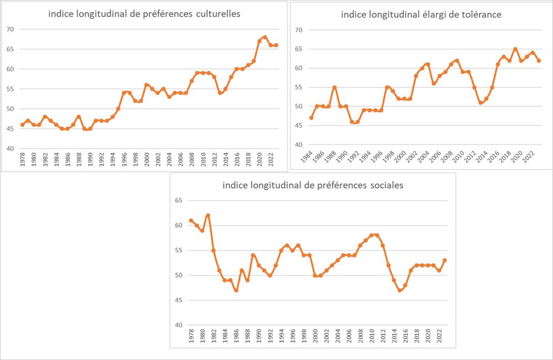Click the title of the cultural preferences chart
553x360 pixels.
point(144,14)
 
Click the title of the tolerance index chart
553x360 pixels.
point(421,15)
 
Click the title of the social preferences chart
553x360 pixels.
point(312,185)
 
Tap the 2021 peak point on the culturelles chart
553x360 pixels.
point(265,37)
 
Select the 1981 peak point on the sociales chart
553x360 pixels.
point(208,215)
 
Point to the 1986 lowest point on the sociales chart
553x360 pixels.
point(236,290)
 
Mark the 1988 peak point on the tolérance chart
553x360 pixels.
point(335,87)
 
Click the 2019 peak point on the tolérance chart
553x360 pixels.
point(515,49)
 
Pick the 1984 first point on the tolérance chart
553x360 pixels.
point(311,118)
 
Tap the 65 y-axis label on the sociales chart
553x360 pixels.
point(179,200)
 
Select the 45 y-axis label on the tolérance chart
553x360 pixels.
point(299,126)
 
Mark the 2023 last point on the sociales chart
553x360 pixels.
point(445,260)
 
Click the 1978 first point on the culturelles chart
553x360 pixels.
point(22,124)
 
